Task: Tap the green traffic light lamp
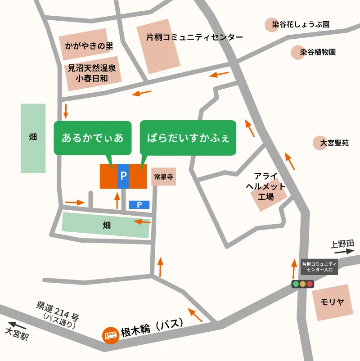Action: click(296, 284)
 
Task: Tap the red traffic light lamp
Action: click(310, 284)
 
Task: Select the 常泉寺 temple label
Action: click(163, 177)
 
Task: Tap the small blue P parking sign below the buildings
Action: click(139, 205)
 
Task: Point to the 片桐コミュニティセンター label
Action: click(194, 37)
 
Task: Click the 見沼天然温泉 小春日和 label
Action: click(92, 73)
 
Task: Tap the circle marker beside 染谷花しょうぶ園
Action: click(273, 24)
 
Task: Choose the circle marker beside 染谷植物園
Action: click(295, 52)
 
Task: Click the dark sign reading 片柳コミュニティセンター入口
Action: click(319, 266)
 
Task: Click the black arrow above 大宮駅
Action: click(17, 324)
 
